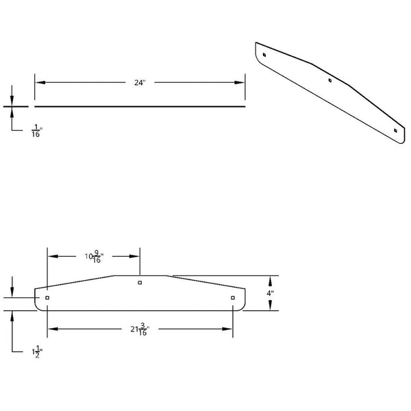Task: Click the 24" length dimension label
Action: [x=140, y=83]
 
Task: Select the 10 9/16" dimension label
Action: [x=92, y=257]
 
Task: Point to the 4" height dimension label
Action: [x=271, y=293]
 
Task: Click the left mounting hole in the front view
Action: [x=47, y=298]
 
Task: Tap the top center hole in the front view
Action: [x=140, y=282]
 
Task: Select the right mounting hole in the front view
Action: [x=233, y=298]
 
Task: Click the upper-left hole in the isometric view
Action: [x=264, y=53]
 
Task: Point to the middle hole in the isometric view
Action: [x=330, y=81]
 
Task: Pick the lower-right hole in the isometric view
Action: [x=395, y=130]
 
